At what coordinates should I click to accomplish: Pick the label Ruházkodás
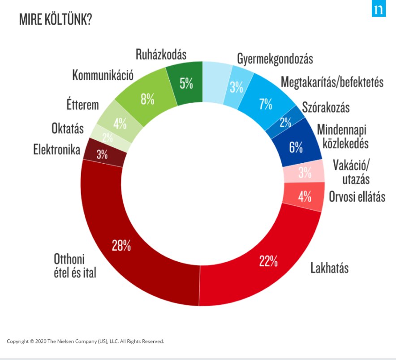click(161, 54)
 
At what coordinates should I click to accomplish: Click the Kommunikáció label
click(103, 75)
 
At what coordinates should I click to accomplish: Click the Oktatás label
click(67, 129)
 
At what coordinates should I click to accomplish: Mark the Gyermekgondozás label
click(275, 59)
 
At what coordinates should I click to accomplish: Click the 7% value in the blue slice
click(265, 104)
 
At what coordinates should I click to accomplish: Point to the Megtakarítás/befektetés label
click(332, 82)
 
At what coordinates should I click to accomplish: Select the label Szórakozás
click(326, 108)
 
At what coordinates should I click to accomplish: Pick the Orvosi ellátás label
click(357, 196)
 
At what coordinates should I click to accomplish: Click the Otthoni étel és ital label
click(75, 265)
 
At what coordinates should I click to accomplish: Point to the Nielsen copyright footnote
click(85, 341)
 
